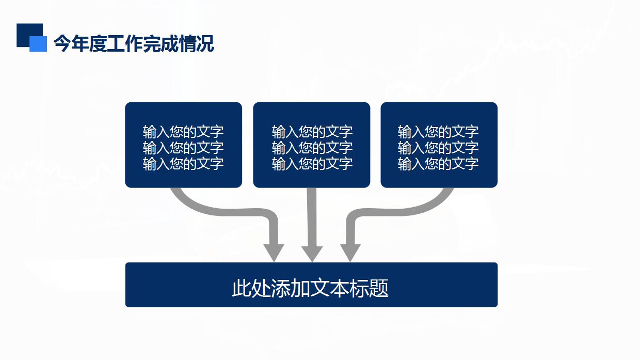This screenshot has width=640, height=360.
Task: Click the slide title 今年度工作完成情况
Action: pos(134,44)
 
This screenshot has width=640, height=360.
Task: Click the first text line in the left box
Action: pos(183,132)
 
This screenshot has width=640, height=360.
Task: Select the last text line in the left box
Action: pos(183,164)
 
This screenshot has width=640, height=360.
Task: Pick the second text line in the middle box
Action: pos(312,148)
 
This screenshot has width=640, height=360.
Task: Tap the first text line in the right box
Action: pos(438,132)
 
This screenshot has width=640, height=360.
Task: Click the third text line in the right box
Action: pos(438,164)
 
